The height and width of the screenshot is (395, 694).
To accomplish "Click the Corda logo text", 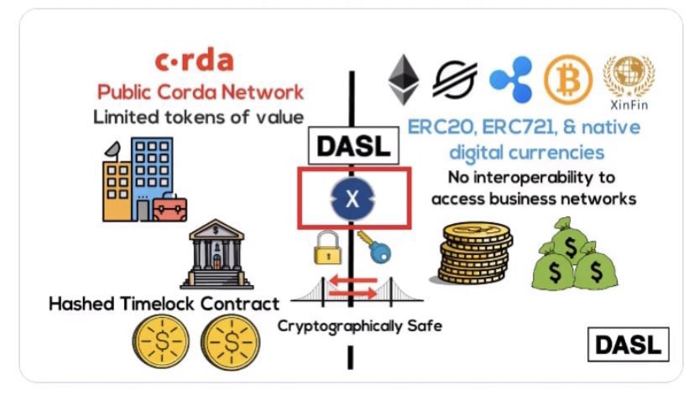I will [194, 61].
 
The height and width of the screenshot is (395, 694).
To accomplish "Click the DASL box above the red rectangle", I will [353, 147].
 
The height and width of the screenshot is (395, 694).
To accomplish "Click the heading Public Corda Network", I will [200, 91].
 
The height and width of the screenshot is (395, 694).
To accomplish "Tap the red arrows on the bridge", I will [352, 288].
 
